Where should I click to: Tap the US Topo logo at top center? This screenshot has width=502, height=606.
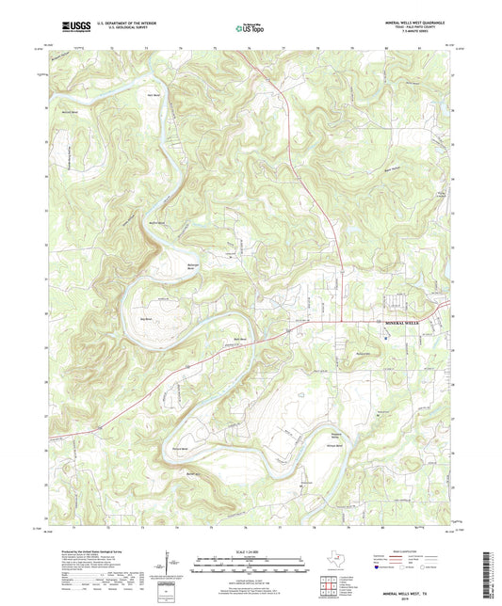[x=248, y=27]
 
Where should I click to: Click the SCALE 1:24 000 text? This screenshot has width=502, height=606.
[x=250, y=552]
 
